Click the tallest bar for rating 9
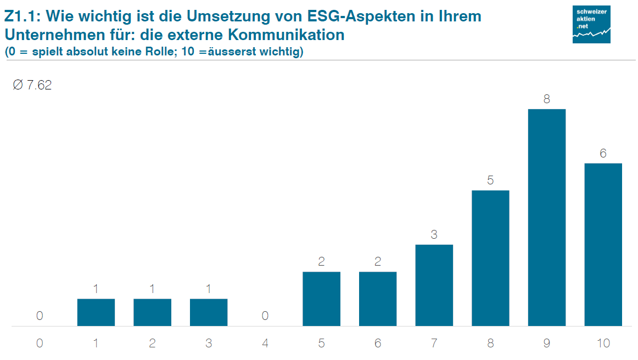coord(546,217)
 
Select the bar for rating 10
coord(603,244)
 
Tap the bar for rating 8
coord(490,258)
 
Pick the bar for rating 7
coord(434,285)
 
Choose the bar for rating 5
coord(321,299)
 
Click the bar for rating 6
coord(378,299)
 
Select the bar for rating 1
coord(96,312)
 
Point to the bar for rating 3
coord(209,312)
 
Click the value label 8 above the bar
coord(547,99)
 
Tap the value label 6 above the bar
coord(603,154)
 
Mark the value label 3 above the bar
coord(434,235)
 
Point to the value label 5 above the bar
coord(490,180)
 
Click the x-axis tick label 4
coord(265,344)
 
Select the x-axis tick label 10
coord(603,344)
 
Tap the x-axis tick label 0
coord(40,344)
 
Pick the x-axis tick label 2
coord(152,344)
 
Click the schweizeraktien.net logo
coord(591,24)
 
